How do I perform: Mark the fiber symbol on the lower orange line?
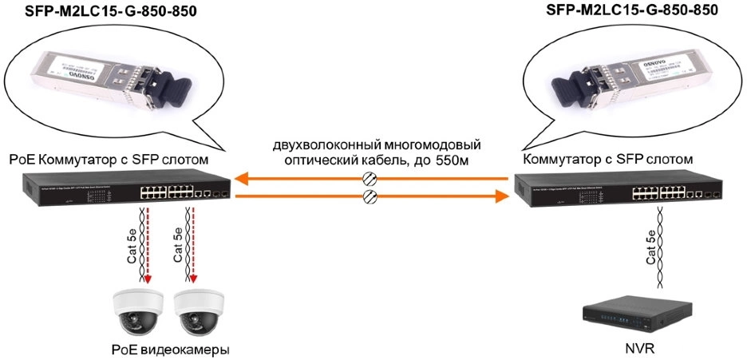(370, 195)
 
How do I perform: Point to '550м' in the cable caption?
(465, 162)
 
